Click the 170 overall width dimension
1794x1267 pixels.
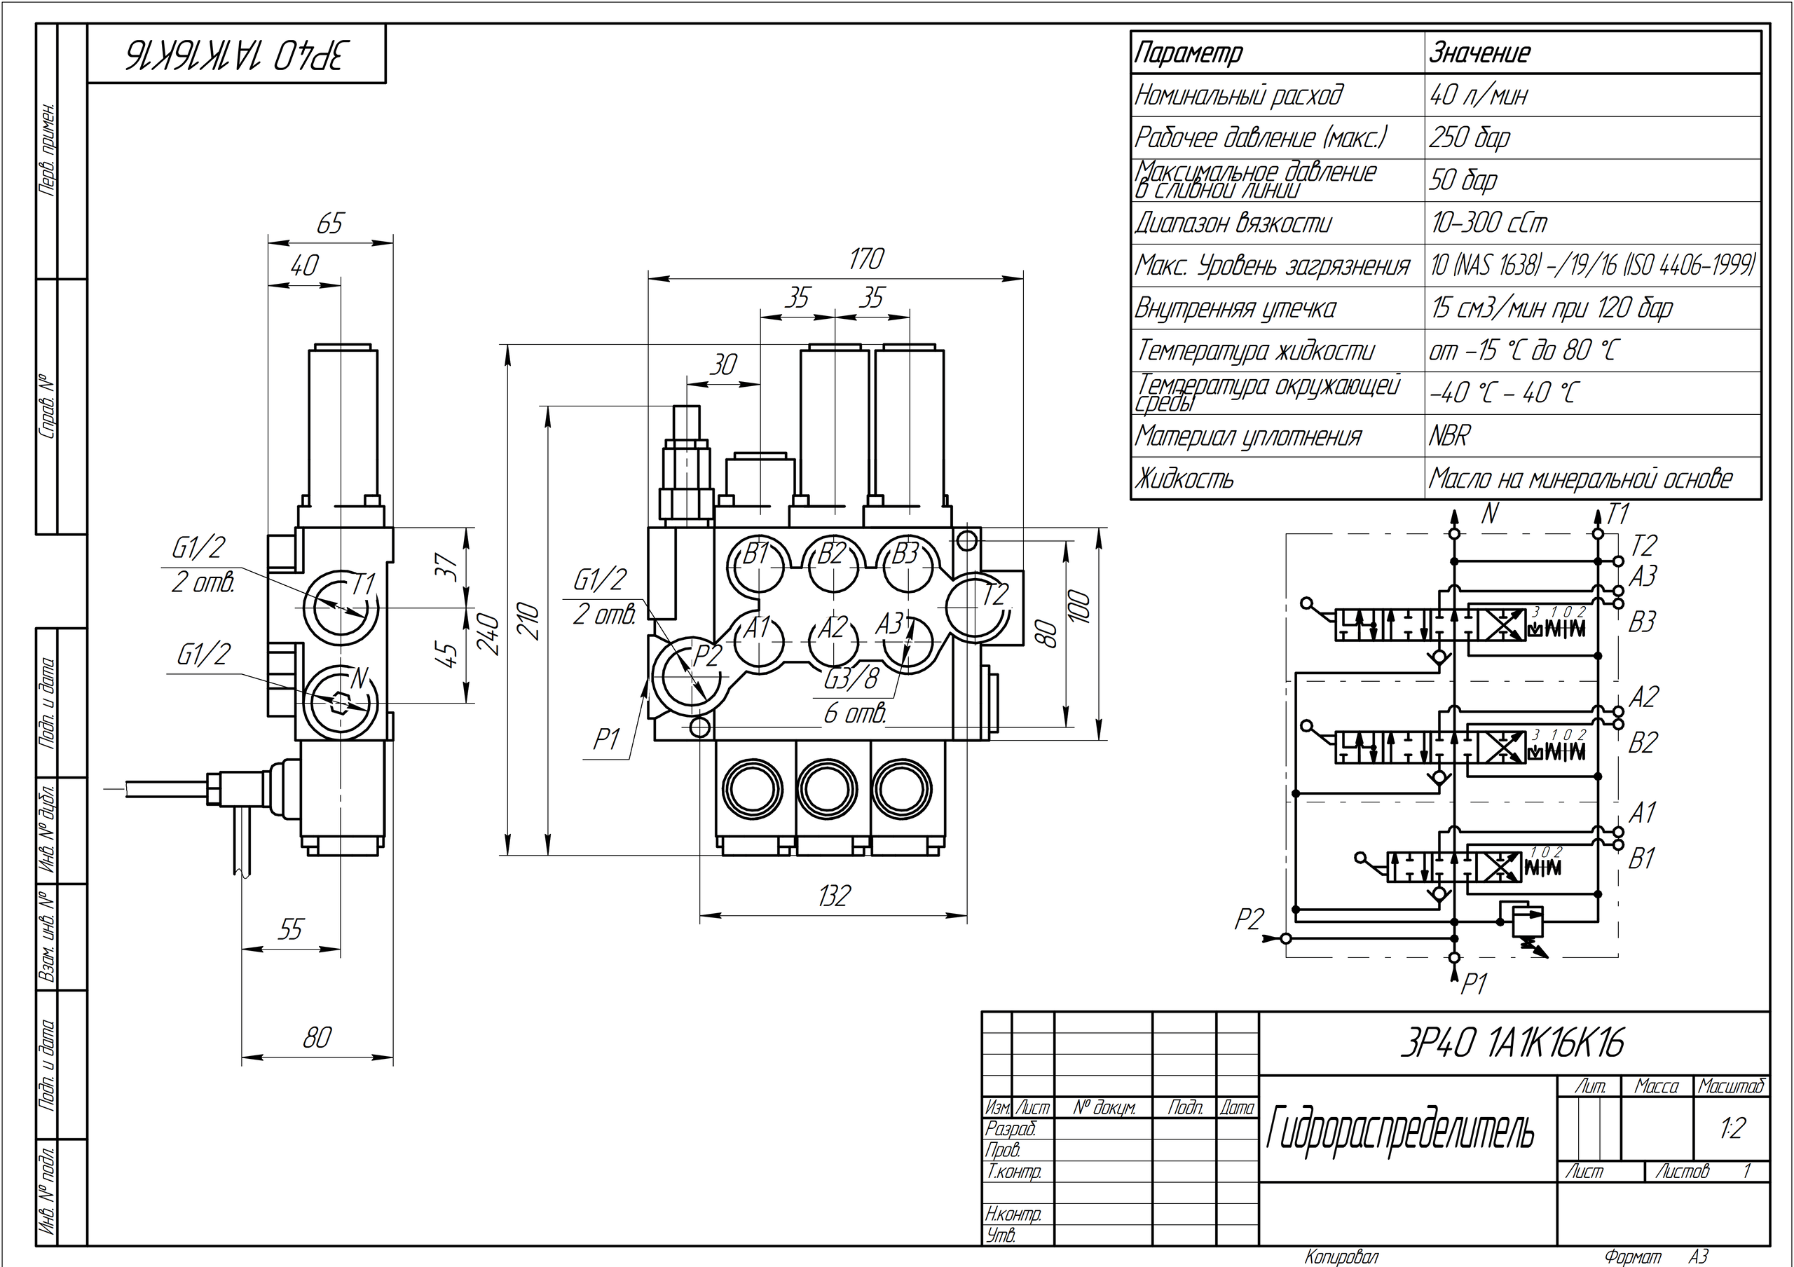click(x=865, y=259)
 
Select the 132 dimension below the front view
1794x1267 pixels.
click(x=833, y=896)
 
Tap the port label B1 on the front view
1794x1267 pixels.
click(x=756, y=554)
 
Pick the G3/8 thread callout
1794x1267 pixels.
click(x=851, y=680)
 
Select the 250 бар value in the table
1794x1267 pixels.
click(x=1469, y=138)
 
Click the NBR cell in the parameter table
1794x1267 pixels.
click(x=1449, y=436)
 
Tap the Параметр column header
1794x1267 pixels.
click(x=1188, y=53)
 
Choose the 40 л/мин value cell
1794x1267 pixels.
click(x=1477, y=95)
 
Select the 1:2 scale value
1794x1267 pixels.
click(x=1732, y=1128)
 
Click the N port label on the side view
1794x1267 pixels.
click(x=359, y=678)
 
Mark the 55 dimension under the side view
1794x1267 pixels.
click(x=290, y=929)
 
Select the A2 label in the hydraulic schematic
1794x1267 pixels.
click(x=1643, y=697)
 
